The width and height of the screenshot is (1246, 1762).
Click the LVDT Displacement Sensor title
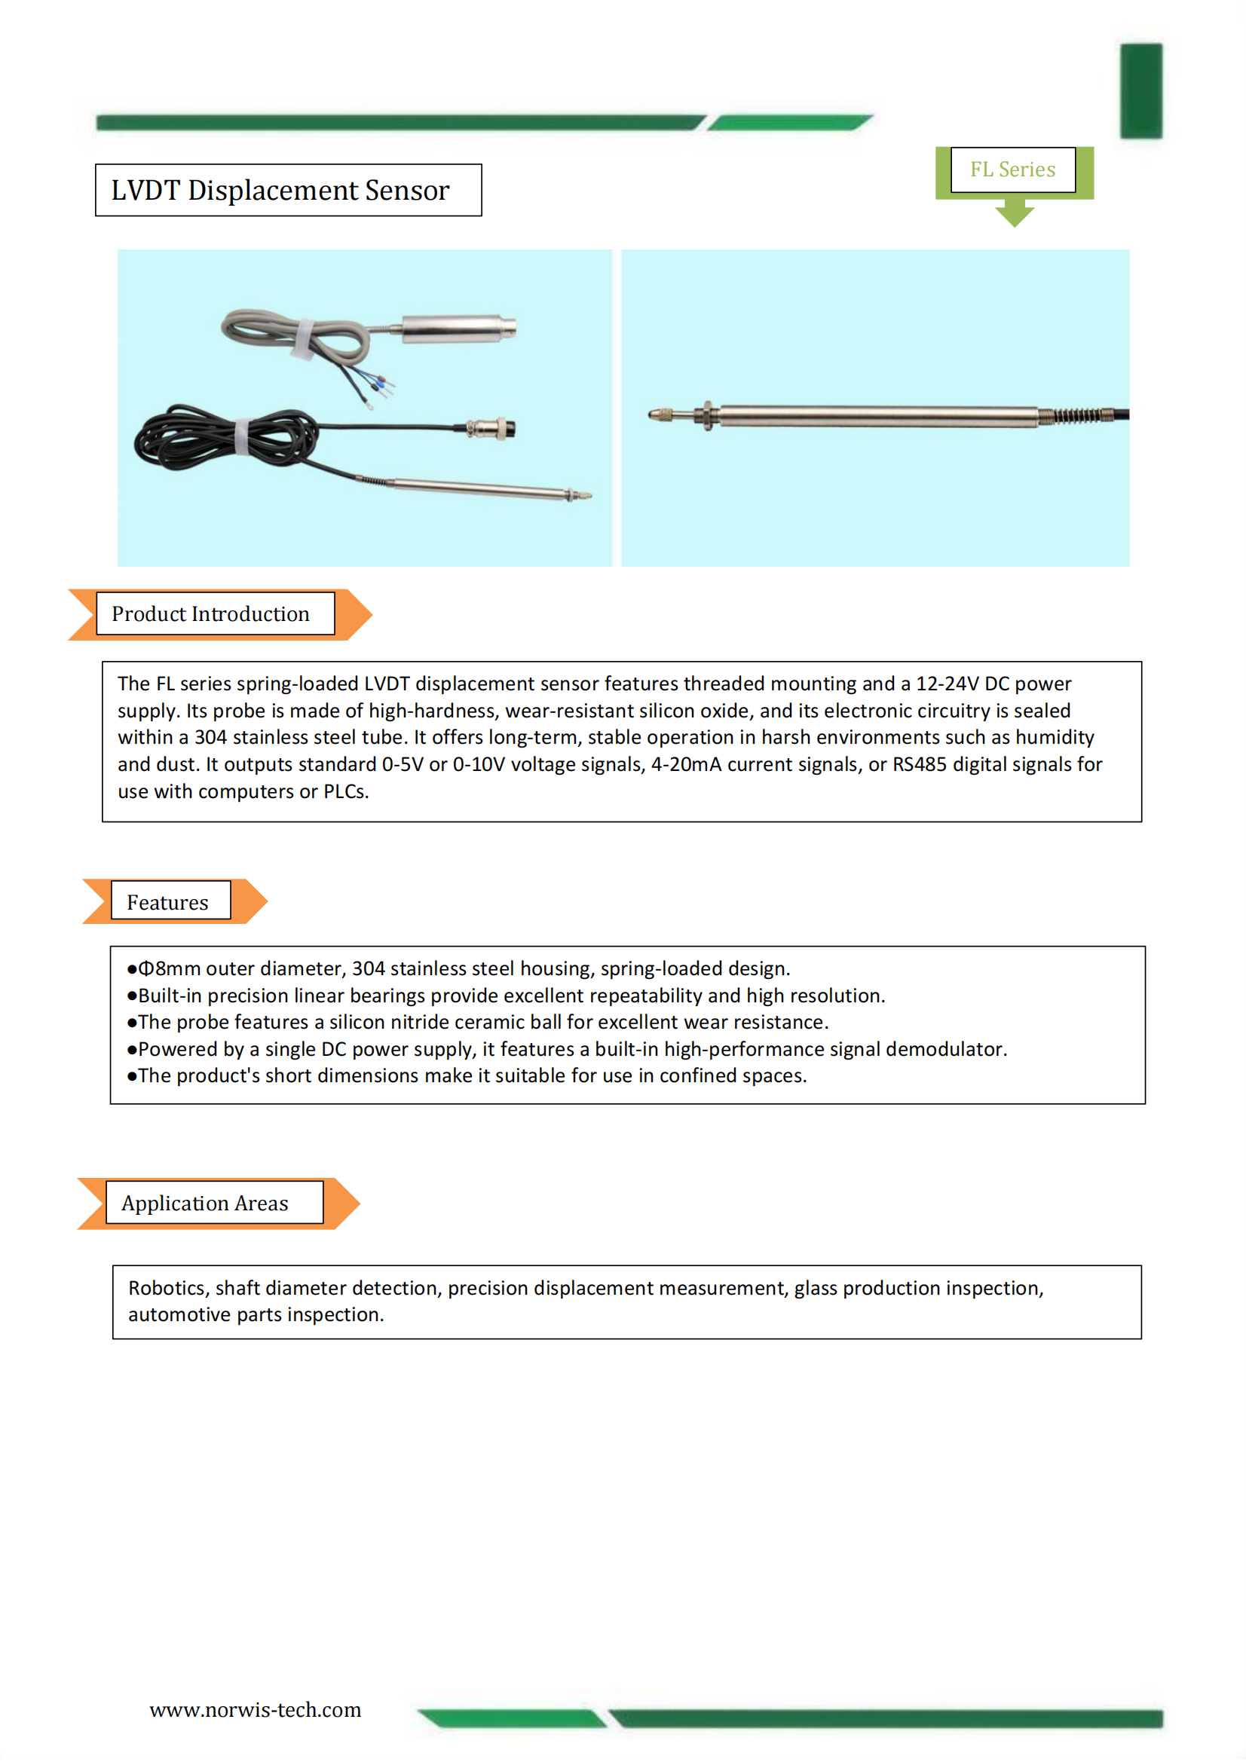coord(280,191)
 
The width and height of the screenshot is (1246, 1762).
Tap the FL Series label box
coord(1012,170)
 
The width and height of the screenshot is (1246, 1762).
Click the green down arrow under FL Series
coord(1014,213)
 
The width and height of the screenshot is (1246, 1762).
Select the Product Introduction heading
coord(210,614)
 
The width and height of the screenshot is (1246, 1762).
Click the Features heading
coord(167,903)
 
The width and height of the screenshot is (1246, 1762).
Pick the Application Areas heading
coord(205,1204)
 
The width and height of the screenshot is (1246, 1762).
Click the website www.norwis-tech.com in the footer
coord(255,1710)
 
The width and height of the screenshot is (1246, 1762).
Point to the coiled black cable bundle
coord(222,437)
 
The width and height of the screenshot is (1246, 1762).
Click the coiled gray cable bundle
coord(295,338)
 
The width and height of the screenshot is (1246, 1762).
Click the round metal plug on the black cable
coord(494,428)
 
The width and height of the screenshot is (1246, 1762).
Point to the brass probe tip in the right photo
coord(660,415)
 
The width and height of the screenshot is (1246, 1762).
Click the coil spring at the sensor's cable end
coord(1075,416)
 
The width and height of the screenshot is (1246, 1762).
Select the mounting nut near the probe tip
coord(707,416)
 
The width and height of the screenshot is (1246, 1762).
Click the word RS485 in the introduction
coord(919,764)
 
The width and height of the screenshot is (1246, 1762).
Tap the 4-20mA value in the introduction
coord(686,764)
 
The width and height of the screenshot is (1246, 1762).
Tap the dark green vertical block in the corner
coord(1140,90)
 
